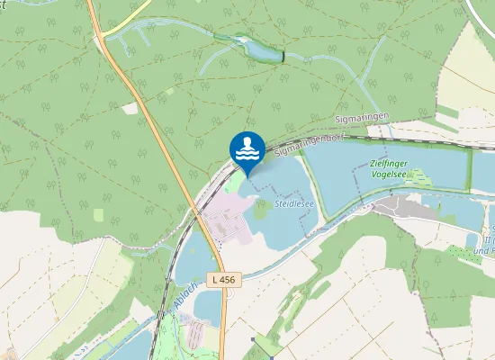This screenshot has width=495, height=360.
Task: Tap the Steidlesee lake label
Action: pyautogui.click(x=293, y=205)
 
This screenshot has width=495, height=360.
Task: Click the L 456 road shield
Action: pyautogui.click(x=226, y=280)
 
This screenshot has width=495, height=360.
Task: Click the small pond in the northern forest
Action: pyautogui.click(x=259, y=50)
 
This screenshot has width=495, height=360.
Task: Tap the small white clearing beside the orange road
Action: pyautogui.click(x=131, y=108)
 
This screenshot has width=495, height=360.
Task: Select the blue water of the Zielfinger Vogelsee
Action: pyautogui.click(x=342, y=175)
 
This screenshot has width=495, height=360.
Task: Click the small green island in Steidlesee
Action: pyautogui.click(x=261, y=211)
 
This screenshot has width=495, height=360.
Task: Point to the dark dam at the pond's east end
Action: pyautogui.click(x=283, y=57)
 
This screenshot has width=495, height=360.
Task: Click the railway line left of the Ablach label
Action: pyautogui.click(x=163, y=306)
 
